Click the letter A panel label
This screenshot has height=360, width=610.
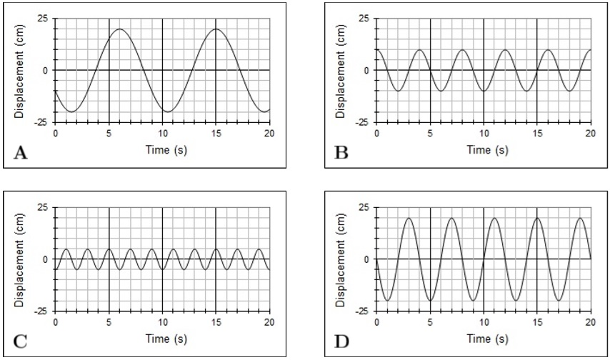[x=20, y=152]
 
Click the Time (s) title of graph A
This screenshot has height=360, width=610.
[x=162, y=149]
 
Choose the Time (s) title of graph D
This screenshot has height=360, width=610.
[x=484, y=339]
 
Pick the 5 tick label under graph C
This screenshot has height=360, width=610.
[x=109, y=321]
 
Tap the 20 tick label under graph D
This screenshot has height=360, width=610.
[x=590, y=321]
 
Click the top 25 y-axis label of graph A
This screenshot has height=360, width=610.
[x=44, y=18]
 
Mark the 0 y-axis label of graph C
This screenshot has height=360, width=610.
[x=46, y=259]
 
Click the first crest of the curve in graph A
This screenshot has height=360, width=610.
[x=119, y=29]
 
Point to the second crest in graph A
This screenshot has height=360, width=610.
[x=216, y=29]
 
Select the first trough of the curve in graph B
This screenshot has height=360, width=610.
[x=398, y=91]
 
